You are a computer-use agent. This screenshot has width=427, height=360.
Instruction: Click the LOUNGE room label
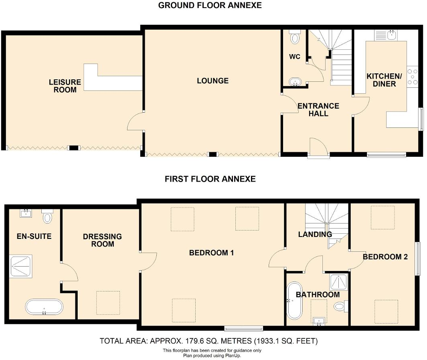[x=212, y=81]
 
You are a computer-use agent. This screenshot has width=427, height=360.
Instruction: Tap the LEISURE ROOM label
[x=65, y=86]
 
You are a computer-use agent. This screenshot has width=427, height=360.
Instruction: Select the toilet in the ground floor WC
[x=295, y=37]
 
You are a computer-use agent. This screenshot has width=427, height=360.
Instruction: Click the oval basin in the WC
[x=295, y=82]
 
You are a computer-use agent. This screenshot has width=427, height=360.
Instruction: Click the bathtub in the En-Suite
[x=44, y=307]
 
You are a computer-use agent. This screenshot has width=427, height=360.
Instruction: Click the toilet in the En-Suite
[x=48, y=216]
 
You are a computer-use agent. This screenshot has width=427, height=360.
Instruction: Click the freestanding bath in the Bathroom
[x=294, y=301]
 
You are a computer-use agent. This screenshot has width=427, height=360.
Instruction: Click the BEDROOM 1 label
[x=211, y=253]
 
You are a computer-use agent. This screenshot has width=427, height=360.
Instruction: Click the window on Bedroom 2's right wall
[x=417, y=259]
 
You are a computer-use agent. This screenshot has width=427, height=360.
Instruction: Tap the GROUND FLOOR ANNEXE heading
[x=210, y=6]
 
